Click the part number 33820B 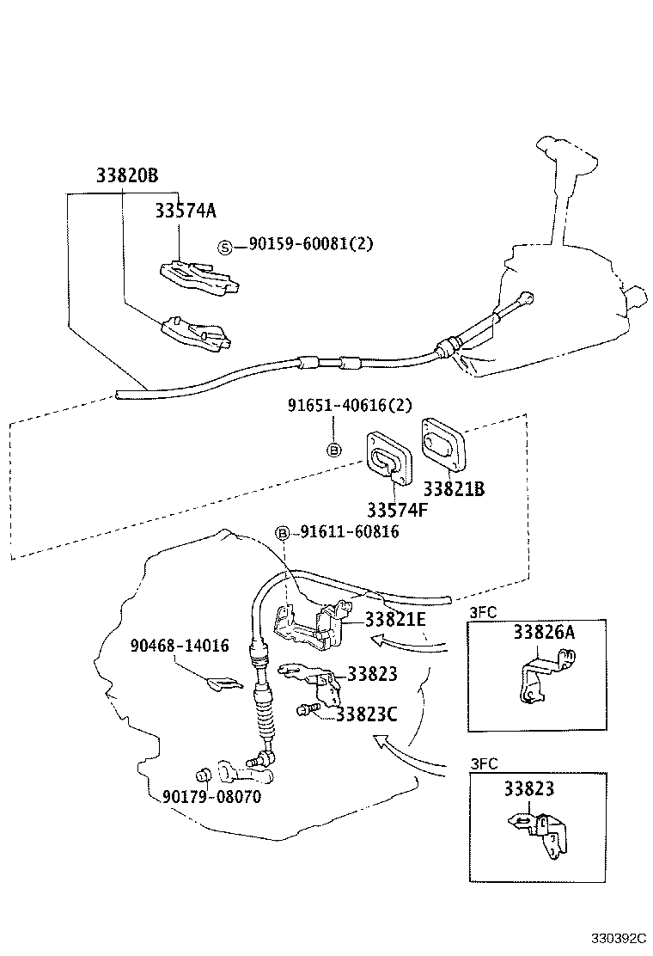[x=127, y=176]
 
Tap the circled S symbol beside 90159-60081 [x=225, y=247]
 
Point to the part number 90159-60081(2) [x=311, y=245]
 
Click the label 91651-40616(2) [x=350, y=405]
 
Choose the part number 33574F [x=397, y=509]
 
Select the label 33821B [x=455, y=488]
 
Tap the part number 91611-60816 [x=349, y=533]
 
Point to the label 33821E [x=395, y=618]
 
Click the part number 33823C [x=366, y=714]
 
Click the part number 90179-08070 [x=211, y=797]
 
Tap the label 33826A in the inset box [x=543, y=634]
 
